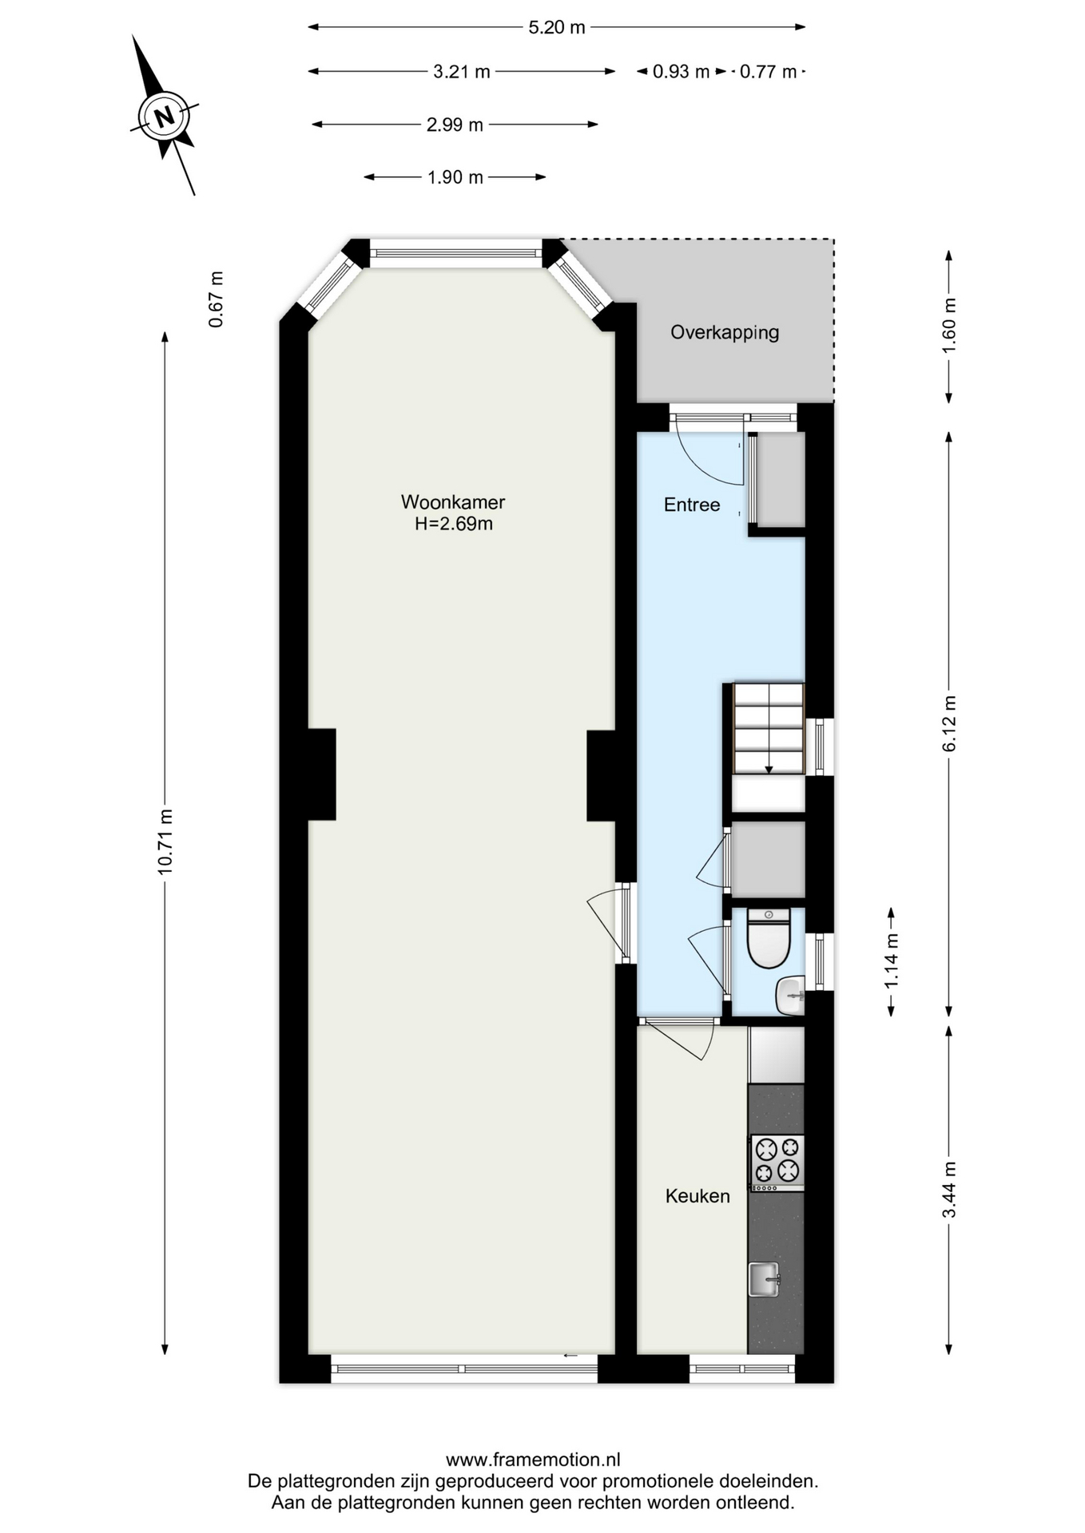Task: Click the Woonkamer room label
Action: click(x=452, y=502)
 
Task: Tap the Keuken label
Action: click(x=697, y=1196)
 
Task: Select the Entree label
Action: click(x=692, y=505)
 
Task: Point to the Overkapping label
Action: click(x=725, y=332)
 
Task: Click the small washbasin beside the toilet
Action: click(x=790, y=996)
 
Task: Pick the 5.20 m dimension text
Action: click(x=557, y=27)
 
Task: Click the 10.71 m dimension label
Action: click(x=165, y=842)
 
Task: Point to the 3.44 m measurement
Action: click(x=949, y=1190)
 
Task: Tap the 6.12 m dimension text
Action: click(x=949, y=723)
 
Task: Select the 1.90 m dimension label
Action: click(x=455, y=177)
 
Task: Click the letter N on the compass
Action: click(x=165, y=117)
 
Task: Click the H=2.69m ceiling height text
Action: click(x=453, y=524)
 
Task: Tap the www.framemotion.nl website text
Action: click(x=533, y=1460)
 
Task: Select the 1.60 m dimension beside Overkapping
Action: click(x=949, y=326)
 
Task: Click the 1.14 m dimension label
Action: click(x=892, y=962)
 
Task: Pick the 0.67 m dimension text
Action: click(x=216, y=299)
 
